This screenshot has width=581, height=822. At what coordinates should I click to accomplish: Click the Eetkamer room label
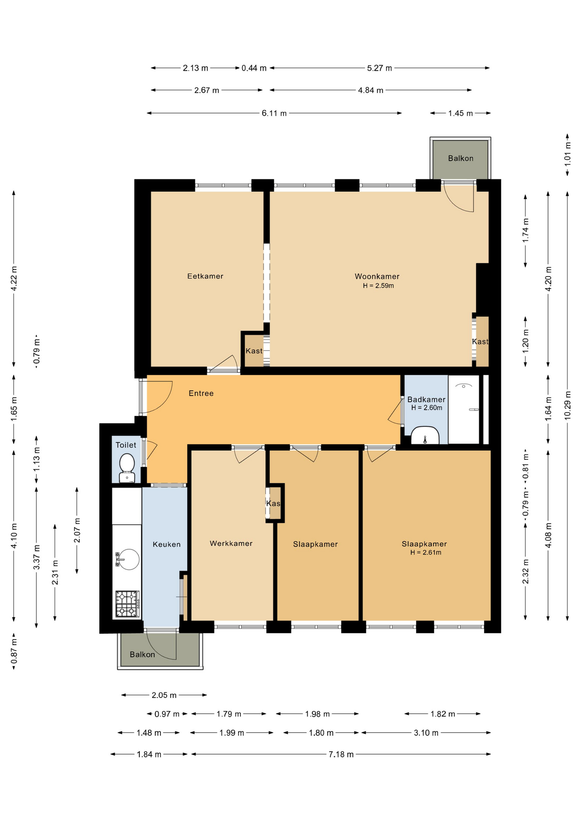pos(205,276)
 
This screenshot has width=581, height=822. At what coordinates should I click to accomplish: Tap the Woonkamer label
pos(377,277)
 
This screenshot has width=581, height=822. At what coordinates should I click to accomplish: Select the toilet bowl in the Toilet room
pos(127,468)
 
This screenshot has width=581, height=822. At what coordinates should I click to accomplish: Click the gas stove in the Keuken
pos(127,604)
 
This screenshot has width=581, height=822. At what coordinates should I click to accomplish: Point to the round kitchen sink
pos(128,559)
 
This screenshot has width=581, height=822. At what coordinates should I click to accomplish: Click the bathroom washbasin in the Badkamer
pos(425,435)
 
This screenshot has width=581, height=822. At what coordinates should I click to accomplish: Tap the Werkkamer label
pos(231,543)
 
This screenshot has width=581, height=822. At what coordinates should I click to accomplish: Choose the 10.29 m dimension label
pos(568,405)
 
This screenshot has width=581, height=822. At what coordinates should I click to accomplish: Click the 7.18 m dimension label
pos(341,754)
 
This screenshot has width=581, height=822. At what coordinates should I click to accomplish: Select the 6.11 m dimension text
pos(274,113)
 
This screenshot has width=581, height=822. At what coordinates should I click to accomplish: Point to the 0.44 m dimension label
pos(254,68)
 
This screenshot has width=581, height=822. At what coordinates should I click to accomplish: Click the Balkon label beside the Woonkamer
pos(461,158)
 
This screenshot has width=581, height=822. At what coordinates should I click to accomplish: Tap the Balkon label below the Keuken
pos(142,654)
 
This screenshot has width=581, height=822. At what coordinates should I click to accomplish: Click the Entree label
pos(201,393)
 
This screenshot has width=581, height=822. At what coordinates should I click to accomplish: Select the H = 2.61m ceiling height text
pos(426,552)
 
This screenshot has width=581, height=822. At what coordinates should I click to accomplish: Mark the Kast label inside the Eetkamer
pos(254,351)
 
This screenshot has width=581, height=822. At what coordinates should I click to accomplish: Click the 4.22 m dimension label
pos(14,278)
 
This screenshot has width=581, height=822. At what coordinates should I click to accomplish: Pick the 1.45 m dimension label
pos(461,113)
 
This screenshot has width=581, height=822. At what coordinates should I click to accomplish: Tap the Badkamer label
pos(426,399)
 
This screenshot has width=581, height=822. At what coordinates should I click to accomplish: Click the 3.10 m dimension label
pos(426,733)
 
